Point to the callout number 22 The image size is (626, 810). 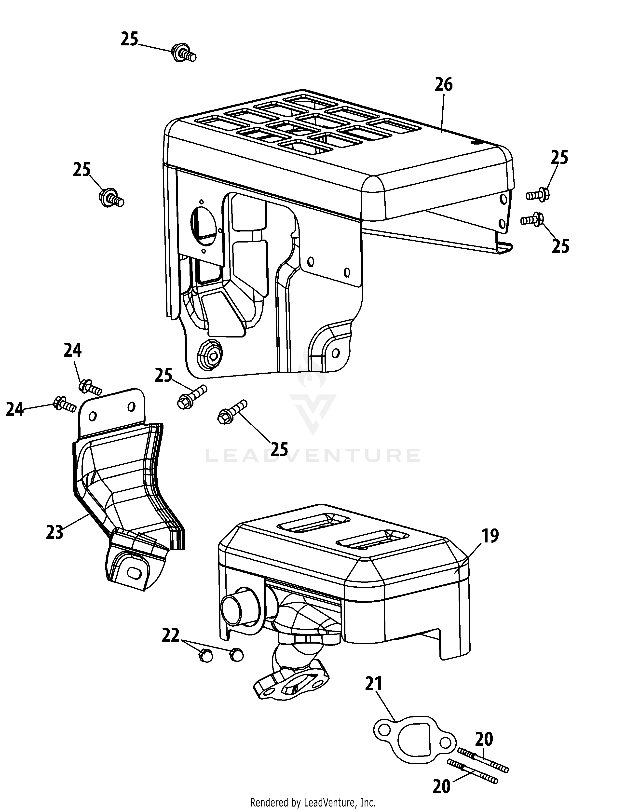click(x=171, y=634)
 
